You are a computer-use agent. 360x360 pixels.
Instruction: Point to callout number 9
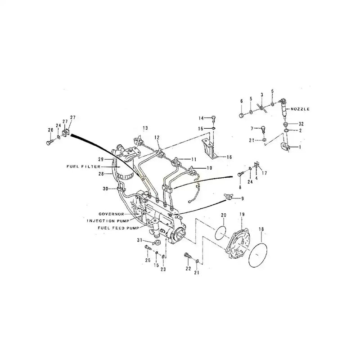[243, 198]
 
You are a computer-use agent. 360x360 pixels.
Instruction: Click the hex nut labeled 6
[242, 115]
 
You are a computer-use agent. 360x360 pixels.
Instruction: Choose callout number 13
[145, 128]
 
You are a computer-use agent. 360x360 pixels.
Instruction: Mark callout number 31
[140, 240]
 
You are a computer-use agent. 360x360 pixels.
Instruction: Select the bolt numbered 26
[48, 142]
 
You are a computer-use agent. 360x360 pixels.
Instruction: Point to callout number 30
[105, 189]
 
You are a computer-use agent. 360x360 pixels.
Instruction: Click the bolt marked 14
[215, 118]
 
